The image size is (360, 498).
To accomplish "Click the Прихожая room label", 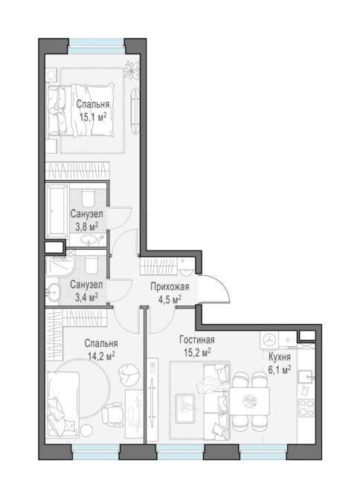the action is (x=170, y=286).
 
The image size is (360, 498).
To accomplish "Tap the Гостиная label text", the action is (x=196, y=340).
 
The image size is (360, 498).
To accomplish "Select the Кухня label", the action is (x=280, y=357).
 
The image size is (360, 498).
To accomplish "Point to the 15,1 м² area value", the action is (x=93, y=117).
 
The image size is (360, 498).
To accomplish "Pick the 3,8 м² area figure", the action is (x=86, y=227).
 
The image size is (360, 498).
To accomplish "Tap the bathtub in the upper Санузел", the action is (x=57, y=210).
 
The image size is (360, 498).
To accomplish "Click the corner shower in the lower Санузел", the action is (x=60, y=266).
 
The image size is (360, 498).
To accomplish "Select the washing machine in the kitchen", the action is (x=269, y=340).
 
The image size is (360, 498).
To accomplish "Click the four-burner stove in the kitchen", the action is (x=306, y=408).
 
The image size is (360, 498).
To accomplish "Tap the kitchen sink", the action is (x=306, y=377).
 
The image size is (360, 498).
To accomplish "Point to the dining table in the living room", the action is (x=249, y=401).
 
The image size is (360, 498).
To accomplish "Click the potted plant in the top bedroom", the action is (x=132, y=70).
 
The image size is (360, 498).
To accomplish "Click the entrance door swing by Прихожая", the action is (x=213, y=288).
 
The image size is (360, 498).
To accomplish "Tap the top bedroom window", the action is (x=96, y=46).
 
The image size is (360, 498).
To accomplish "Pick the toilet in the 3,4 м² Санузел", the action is (x=91, y=265).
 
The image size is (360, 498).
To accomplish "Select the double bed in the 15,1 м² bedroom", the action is (x=80, y=110).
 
